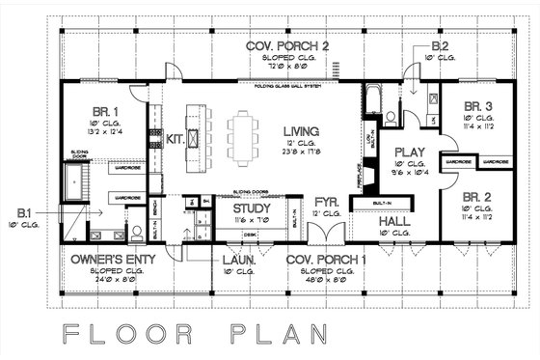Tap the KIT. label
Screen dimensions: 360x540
point(175,139)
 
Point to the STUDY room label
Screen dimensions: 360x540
point(251,208)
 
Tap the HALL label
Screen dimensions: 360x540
point(395,221)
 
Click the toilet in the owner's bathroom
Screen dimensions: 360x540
point(138,232)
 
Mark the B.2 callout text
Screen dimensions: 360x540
point(440,46)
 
